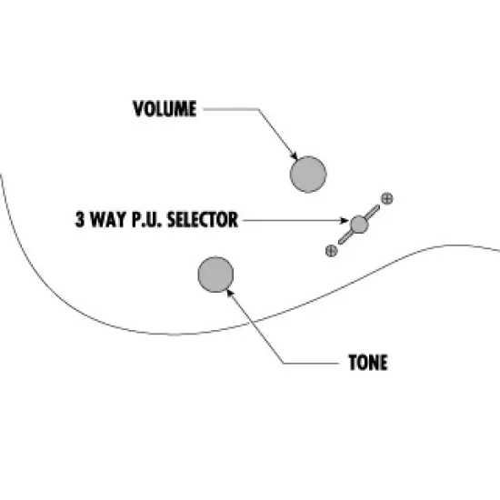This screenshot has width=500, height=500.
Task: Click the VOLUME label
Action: [165, 109]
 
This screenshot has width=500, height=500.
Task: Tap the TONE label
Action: [368, 363]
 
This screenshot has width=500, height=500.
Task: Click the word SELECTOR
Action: [203, 219]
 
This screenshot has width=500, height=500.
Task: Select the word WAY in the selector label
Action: [108, 219]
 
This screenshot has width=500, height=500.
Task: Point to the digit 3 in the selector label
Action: [80, 219]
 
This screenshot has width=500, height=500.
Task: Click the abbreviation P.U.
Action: [147, 219]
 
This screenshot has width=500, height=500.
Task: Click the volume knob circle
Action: [308, 175]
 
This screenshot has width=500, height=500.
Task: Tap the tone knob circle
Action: [215, 275]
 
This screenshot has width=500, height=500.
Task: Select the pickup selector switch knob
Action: [359, 225]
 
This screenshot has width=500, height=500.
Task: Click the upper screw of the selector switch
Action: [387, 199]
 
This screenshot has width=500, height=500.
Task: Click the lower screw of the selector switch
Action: [331, 251]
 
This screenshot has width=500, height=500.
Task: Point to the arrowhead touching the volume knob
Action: [295, 156]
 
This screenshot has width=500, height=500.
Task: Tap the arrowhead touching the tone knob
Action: [230, 293]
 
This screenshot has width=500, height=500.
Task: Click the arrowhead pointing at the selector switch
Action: [345, 220]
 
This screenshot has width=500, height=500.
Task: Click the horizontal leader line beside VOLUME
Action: [231, 109]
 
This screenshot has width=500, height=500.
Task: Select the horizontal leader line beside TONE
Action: [311, 364]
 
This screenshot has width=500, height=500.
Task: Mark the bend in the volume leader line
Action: [258, 109]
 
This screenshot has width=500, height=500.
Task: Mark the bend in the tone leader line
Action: [284, 364]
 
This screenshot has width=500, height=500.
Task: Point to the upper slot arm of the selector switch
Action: [373, 212]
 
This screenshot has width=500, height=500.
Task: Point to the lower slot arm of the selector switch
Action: [345, 237]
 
